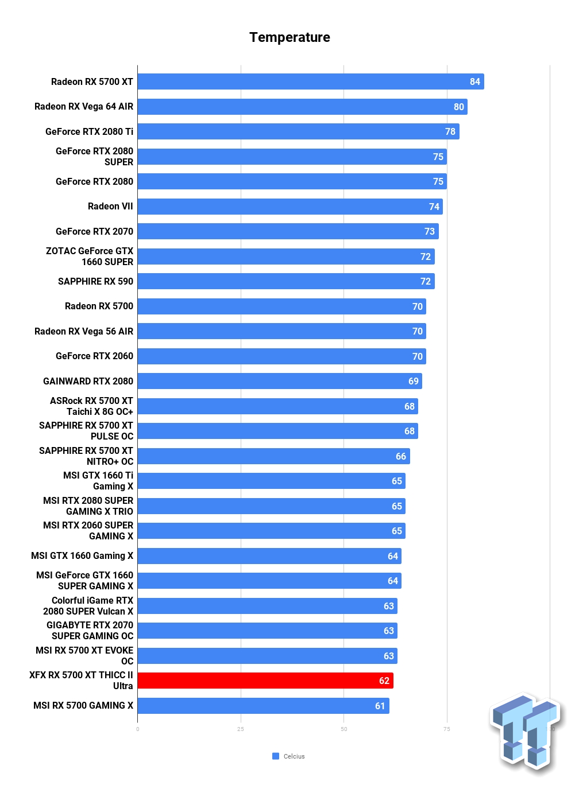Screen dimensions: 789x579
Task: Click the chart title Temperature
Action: (x=289, y=37)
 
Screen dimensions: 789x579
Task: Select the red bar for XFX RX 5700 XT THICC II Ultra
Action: (x=265, y=681)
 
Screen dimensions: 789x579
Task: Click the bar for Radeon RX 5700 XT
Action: (x=310, y=81)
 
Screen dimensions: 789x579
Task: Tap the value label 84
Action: (x=474, y=81)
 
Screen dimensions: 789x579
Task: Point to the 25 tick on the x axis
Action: (x=241, y=729)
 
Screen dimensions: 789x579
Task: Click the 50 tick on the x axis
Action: (x=343, y=729)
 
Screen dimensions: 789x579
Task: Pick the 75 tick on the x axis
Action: (x=447, y=729)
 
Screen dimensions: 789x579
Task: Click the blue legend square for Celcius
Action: (x=276, y=756)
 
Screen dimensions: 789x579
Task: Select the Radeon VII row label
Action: (x=110, y=206)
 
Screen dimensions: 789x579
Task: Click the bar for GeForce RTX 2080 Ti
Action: (x=298, y=131)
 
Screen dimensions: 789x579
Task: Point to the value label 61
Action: (x=380, y=706)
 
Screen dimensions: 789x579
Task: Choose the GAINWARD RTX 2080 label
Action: (x=88, y=381)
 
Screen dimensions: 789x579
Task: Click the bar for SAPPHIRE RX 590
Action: (x=285, y=281)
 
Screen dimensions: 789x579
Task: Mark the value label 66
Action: (x=400, y=456)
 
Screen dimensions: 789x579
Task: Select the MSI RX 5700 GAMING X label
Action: (x=83, y=705)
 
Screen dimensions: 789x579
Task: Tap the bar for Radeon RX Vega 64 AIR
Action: (x=302, y=107)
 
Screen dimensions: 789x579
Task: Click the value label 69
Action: (x=413, y=381)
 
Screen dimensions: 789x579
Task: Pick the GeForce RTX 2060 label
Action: (x=94, y=356)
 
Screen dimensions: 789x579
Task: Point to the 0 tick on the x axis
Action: (x=137, y=729)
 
